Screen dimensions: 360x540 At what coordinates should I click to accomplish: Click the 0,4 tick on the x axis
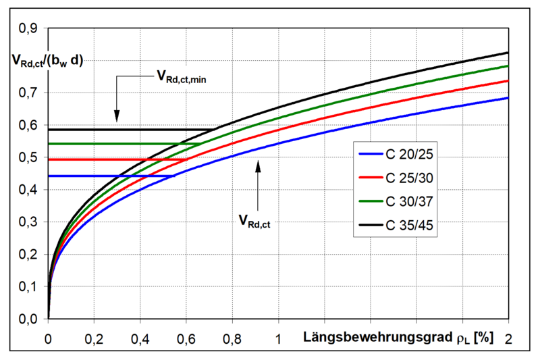pyautogui.click(x=140, y=336)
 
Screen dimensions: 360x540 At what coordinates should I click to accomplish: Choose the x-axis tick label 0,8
pyautogui.click(x=232, y=336)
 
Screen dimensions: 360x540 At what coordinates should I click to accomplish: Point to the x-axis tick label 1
pyautogui.click(x=278, y=336)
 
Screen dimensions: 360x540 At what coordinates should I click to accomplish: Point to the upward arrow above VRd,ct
pyautogui.click(x=257, y=182)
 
